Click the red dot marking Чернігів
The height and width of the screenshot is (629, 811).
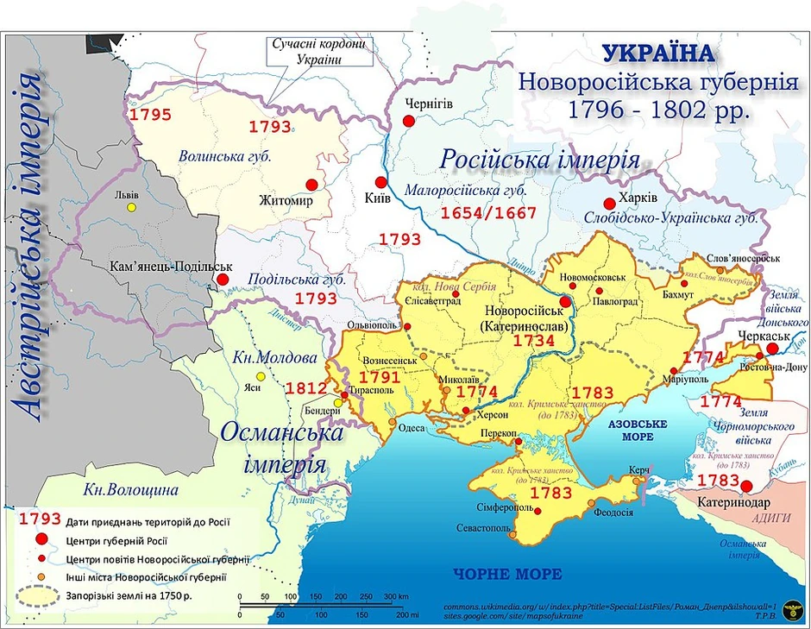(409, 122)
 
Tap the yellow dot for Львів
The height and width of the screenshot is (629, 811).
(132, 207)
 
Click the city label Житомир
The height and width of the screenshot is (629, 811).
(284, 200)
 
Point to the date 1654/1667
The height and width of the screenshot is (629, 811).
(488, 212)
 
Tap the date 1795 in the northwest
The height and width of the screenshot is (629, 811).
(150, 115)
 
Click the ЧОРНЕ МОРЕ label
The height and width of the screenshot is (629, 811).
(508, 574)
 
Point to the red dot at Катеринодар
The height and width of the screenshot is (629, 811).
(748, 487)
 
